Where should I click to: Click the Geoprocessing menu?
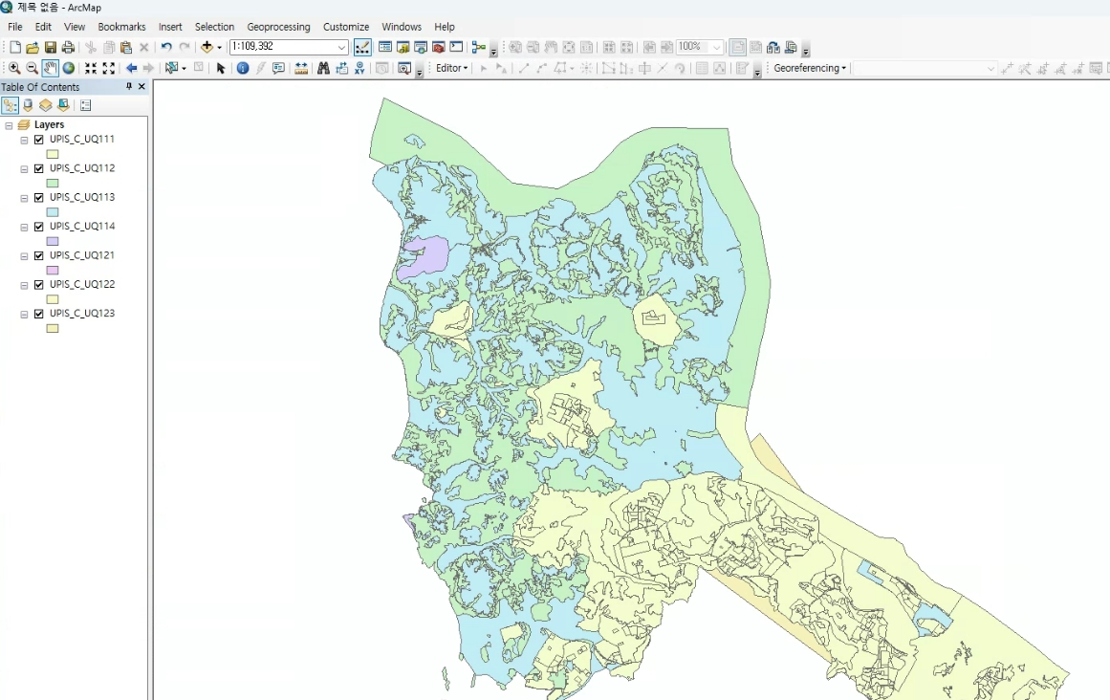click(x=278, y=27)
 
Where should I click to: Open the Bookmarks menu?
click(x=121, y=27)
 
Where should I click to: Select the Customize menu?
click(x=345, y=27)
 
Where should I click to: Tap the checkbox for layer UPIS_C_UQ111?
click(x=39, y=140)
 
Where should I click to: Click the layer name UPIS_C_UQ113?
click(x=82, y=197)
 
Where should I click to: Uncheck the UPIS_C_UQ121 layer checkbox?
click(x=39, y=256)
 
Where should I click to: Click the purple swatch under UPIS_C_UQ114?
click(x=53, y=242)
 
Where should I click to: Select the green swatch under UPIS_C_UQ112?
click(x=53, y=184)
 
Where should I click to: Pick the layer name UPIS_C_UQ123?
click(x=82, y=313)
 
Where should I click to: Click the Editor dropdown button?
click(x=452, y=68)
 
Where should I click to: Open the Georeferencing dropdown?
click(x=810, y=68)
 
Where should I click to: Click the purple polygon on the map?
click(x=424, y=256)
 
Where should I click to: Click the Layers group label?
click(x=49, y=124)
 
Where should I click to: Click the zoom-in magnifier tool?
click(x=14, y=68)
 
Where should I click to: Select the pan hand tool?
click(x=50, y=68)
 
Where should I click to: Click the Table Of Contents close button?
click(x=141, y=87)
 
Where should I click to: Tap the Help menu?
click(x=444, y=27)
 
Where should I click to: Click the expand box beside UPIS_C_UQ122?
click(x=24, y=285)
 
